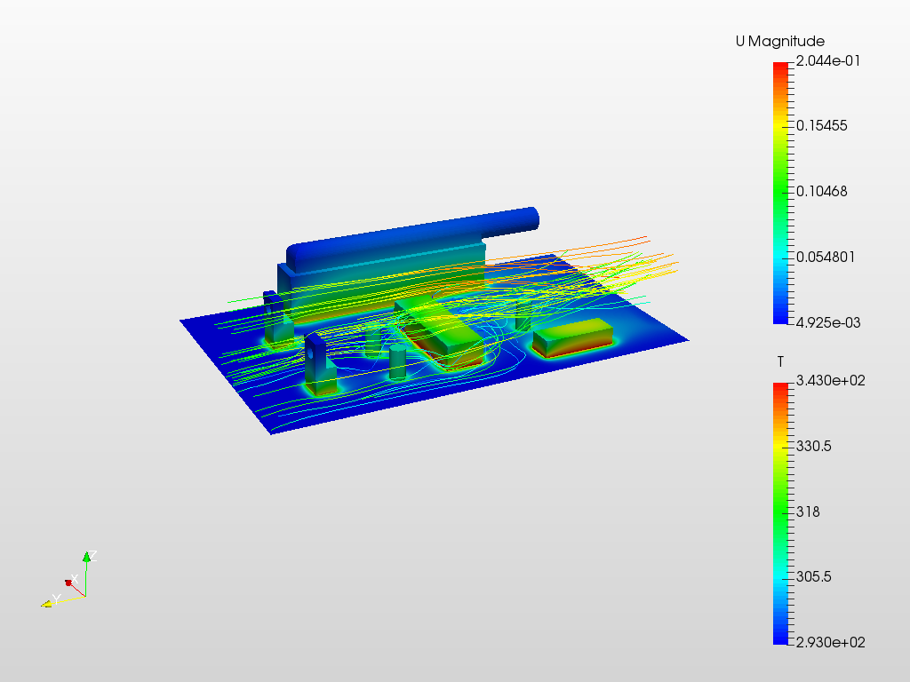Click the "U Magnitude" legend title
coord(780,41)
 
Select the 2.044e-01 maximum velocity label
coord(828,61)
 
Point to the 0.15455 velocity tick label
coord(822,126)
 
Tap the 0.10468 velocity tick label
coord(822,192)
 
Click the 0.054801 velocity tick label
coord(826,257)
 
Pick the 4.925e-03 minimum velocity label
coord(828,322)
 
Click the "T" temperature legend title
coord(780,362)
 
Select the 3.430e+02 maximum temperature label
coord(831,380)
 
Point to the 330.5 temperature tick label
coord(814,446)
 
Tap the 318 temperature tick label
coord(808,511)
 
